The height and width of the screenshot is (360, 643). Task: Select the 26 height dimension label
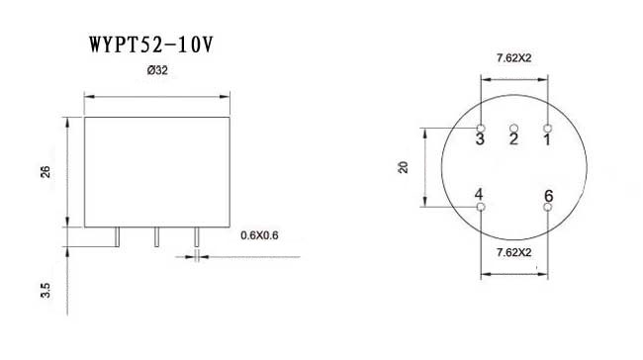pyautogui.click(x=46, y=172)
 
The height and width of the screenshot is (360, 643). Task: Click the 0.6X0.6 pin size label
pyautogui.click(x=260, y=235)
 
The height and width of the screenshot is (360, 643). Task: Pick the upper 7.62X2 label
pyautogui.click(x=514, y=57)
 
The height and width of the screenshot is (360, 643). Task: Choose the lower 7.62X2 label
pyautogui.click(x=514, y=253)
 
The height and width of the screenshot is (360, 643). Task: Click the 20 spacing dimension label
pyautogui.click(x=404, y=167)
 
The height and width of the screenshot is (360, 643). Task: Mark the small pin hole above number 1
pyautogui.click(x=548, y=129)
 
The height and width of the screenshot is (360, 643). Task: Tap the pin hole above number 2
pyautogui.click(x=513, y=128)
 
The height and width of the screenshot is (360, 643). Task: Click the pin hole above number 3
pyautogui.click(x=480, y=129)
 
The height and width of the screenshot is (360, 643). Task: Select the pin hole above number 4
pyautogui.click(x=480, y=207)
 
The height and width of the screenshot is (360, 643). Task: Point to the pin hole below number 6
pyautogui.click(x=548, y=207)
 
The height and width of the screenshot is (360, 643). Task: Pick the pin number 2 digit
pyautogui.click(x=513, y=139)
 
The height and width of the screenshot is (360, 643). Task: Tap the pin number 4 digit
pyautogui.click(x=479, y=194)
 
